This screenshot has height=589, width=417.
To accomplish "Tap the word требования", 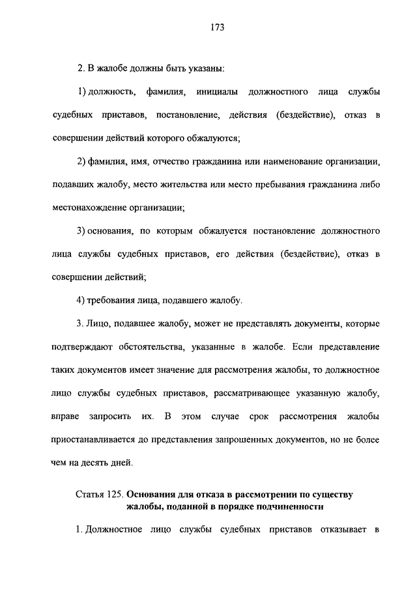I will tap(113, 301).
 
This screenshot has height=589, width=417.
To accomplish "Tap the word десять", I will tap(96, 463).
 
